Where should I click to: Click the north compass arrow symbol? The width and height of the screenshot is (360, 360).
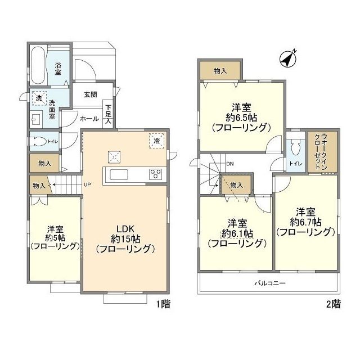[x=288, y=58]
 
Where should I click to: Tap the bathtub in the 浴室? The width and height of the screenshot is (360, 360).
[x=38, y=65]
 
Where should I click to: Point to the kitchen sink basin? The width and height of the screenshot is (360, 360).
[x=119, y=174]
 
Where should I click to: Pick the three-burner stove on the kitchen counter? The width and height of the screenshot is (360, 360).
[x=155, y=174]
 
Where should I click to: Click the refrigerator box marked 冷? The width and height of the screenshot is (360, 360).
[x=157, y=141]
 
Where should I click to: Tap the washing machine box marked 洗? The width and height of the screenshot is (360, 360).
[x=39, y=98]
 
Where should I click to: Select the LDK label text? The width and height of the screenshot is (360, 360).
[x=125, y=229]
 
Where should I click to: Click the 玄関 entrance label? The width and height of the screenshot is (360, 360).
[x=91, y=94]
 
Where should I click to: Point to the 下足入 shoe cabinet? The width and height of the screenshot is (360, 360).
[x=108, y=114]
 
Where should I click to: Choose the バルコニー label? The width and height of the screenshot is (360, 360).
[x=270, y=283]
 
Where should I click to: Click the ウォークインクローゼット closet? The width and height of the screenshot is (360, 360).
[x=322, y=151]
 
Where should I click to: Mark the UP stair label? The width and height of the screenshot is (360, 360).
[x=87, y=184]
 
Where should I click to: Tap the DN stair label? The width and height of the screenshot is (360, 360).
[x=230, y=164]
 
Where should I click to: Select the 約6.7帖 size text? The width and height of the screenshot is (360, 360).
[x=305, y=222]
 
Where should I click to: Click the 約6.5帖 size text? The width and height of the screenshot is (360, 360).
[x=241, y=118]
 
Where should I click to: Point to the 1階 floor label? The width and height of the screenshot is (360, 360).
[x=164, y=304]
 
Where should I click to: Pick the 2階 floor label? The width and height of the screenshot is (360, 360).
[x=334, y=304]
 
